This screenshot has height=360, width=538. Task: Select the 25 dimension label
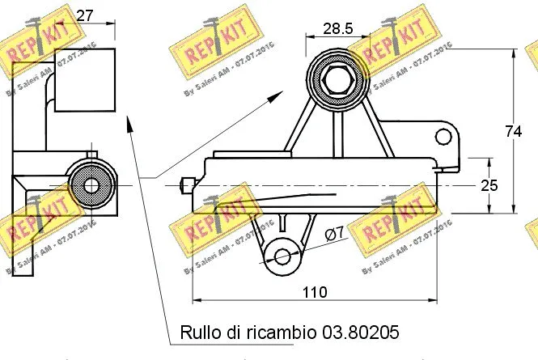(489, 185)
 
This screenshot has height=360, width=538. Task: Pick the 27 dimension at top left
(87, 15)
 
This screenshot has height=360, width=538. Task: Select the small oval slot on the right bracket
(443, 134)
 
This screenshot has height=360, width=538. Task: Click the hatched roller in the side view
(90, 186)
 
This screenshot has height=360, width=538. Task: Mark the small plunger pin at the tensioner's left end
(187, 185)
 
